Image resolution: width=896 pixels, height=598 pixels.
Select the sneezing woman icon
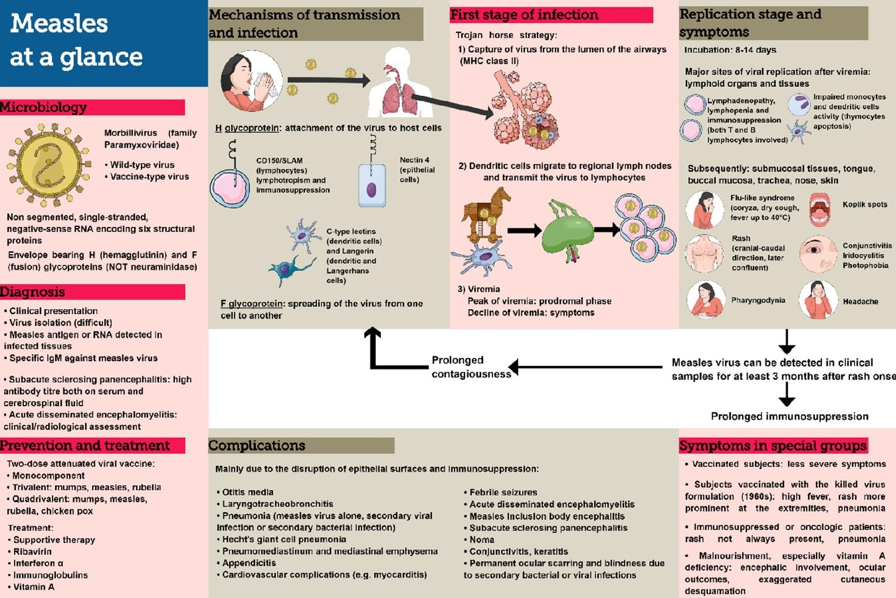coord(251,81)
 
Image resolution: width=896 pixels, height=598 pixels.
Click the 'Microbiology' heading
coord(43,107)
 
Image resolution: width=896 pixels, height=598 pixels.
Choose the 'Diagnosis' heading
coord(33,292)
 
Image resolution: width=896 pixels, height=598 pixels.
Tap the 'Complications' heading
coord(257,445)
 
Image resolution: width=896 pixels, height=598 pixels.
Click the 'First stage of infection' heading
coord(524,15)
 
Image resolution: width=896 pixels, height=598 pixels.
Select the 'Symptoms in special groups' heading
coord(772,446)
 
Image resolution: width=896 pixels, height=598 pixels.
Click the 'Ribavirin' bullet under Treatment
coord(33,551)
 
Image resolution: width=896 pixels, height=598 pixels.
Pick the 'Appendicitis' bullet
coord(249,563)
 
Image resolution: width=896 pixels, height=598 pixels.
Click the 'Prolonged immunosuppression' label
coord(789,416)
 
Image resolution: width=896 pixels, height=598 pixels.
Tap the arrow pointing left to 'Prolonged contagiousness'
coord(585,367)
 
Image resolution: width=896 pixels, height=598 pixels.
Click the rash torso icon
coord(704,253)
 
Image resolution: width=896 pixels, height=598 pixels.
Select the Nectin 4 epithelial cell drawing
coord(372,186)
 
